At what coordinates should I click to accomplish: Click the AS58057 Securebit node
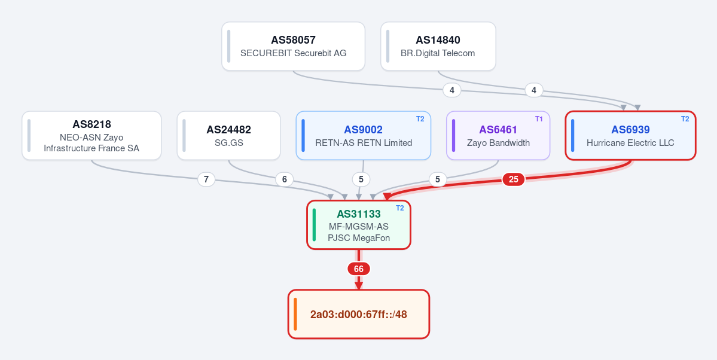tap(293, 46)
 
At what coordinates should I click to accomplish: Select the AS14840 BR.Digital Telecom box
tap(438, 46)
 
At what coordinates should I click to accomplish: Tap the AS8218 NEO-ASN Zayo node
tap(91, 135)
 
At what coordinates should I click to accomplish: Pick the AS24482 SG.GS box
tap(228, 135)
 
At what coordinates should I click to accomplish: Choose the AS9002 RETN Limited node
tap(364, 135)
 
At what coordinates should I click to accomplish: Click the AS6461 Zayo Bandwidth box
tap(498, 135)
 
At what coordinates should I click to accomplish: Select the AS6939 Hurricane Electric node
tap(630, 135)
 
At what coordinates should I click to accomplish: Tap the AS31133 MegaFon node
tap(359, 225)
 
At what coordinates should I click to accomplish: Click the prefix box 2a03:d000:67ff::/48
tap(359, 315)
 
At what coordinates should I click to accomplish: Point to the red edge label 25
tap(514, 179)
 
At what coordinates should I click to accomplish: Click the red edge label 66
tap(359, 269)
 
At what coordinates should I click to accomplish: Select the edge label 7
tap(206, 179)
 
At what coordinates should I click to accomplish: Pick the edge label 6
tap(285, 179)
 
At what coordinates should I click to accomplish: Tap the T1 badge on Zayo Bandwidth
tap(539, 119)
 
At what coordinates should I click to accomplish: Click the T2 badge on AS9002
tap(420, 119)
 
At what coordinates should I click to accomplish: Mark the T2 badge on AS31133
tap(399, 208)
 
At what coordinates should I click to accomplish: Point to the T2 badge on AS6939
tap(685, 119)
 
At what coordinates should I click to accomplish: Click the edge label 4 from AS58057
tap(451, 90)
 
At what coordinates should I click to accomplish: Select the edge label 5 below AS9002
tap(361, 179)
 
